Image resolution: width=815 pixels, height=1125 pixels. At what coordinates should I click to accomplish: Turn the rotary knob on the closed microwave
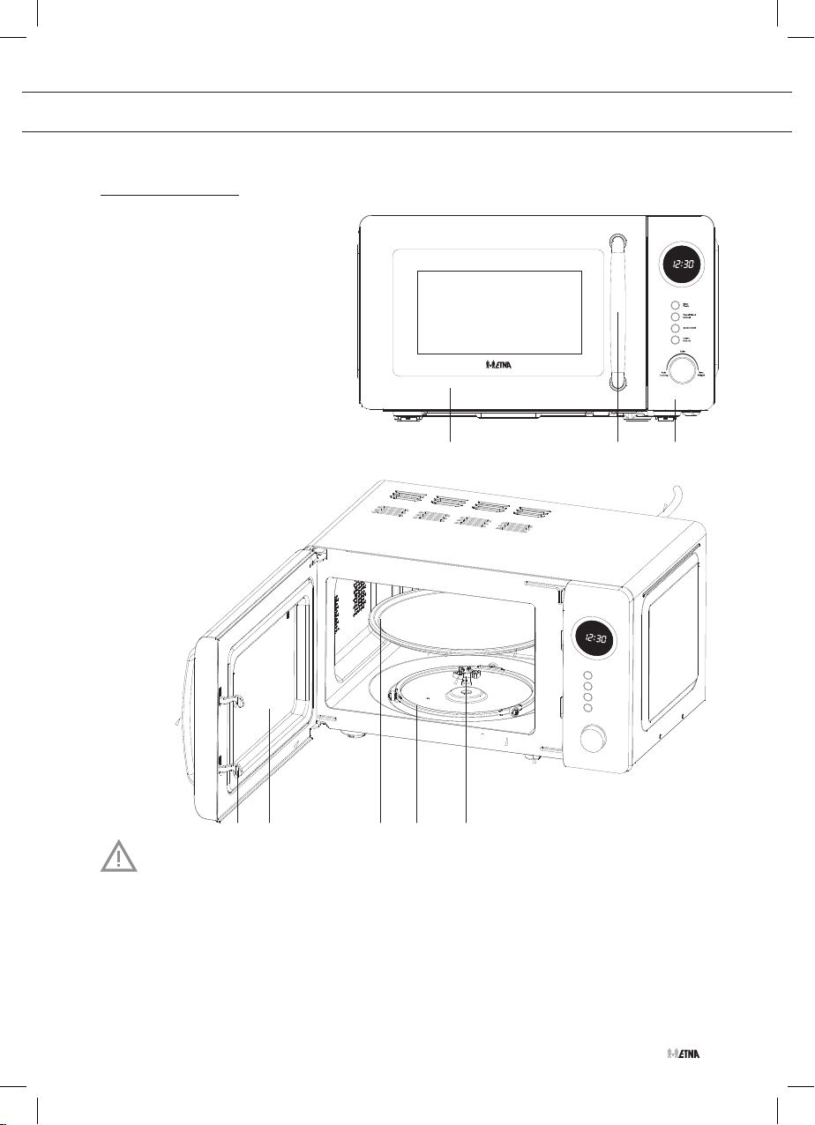(681, 369)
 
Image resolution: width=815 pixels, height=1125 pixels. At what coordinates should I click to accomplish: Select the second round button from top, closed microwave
(675, 316)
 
